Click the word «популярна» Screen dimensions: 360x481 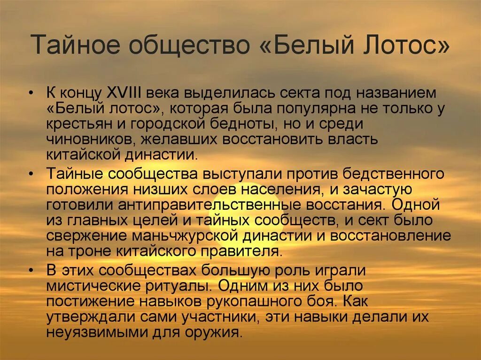[326, 109]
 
